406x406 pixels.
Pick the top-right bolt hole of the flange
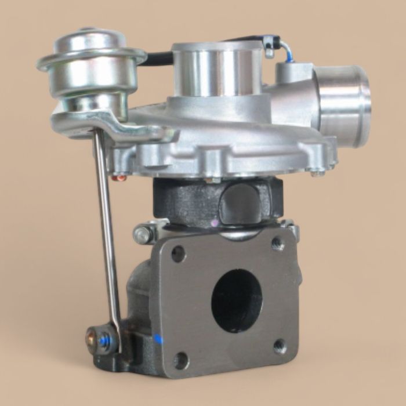pos(277,243)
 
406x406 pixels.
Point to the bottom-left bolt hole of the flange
pos(181,360)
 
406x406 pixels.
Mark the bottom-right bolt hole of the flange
pos(280,346)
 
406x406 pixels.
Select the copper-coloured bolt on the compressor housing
pos(119,178)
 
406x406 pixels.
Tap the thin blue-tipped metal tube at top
pos(284,49)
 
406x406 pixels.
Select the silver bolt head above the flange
pos(143,235)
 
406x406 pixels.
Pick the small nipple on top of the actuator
pos(87,30)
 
